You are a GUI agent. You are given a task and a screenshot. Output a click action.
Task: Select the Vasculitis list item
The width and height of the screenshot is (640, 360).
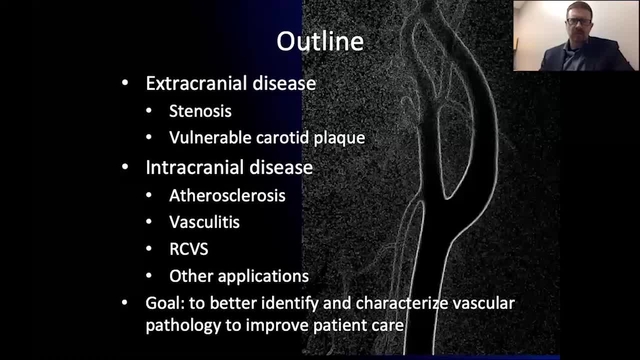coord(205,223)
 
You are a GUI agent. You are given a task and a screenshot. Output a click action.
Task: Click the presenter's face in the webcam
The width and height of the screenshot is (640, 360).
coord(559,25)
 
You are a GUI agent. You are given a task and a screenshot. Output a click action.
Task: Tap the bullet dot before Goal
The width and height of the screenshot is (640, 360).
coord(124,302)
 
